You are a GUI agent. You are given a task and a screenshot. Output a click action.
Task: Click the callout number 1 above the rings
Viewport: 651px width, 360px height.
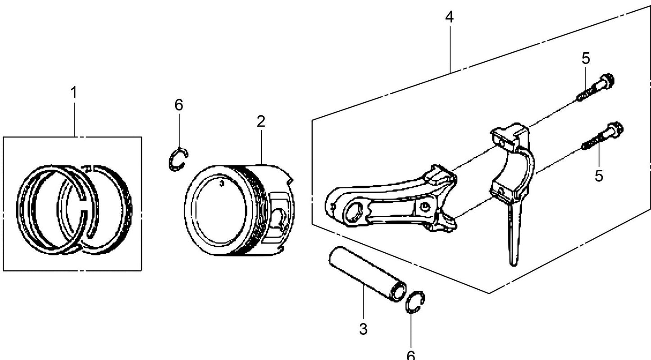(x=73, y=93)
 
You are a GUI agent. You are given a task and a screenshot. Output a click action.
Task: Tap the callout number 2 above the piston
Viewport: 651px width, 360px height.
(x=261, y=121)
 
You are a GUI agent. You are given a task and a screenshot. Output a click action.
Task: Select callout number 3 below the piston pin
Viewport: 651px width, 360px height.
(x=364, y=329)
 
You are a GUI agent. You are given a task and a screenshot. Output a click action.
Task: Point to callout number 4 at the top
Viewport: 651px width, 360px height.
(x=449, y=18)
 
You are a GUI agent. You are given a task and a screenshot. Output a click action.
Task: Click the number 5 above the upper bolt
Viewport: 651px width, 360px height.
(x=585, y=58)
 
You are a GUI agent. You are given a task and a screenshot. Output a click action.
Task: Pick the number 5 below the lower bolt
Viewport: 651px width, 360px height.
(x=599, y=176)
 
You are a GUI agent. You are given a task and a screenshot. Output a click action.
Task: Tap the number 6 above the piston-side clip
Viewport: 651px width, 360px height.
(x=179, y=105)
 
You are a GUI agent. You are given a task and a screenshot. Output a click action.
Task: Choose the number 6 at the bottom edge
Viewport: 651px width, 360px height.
(x=411, y=355)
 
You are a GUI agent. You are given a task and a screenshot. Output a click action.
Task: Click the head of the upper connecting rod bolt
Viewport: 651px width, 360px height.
(x=606, y=82)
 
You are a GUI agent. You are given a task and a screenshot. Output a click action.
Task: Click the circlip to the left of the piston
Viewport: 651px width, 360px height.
(x=178, y=159)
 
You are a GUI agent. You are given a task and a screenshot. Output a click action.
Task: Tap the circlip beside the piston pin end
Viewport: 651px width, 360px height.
(x=415, y=302)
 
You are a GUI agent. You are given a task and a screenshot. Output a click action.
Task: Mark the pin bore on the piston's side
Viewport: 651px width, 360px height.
(x=280, y=220)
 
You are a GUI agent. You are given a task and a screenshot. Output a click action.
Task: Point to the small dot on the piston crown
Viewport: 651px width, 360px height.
(x=221, y=183)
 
